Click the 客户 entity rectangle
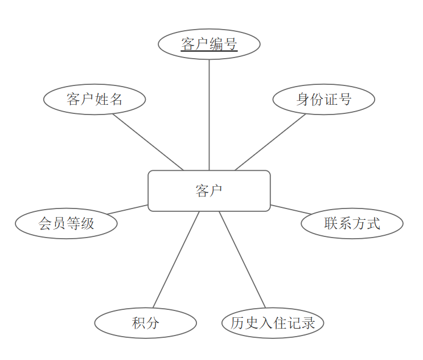(209, 191)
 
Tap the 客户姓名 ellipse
(95, 100)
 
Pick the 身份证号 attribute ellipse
(323, 100)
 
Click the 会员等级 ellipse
(66, 223)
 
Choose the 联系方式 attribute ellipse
(352, 223)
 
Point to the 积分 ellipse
(145, 323)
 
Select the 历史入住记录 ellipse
(273, 323)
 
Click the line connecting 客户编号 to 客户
(209, 114)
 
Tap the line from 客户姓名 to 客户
(148, 142)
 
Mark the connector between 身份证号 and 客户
(270, 142)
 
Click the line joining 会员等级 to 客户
(128, 209)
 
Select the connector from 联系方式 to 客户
(290, 209)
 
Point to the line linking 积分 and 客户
(176, 259)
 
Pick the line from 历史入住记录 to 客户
(242, 259)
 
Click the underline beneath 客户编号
(209, 51)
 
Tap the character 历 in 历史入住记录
(237, 323)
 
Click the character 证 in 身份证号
(331, 100)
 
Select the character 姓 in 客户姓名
(102, 100)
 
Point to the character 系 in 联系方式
(345, 223)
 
